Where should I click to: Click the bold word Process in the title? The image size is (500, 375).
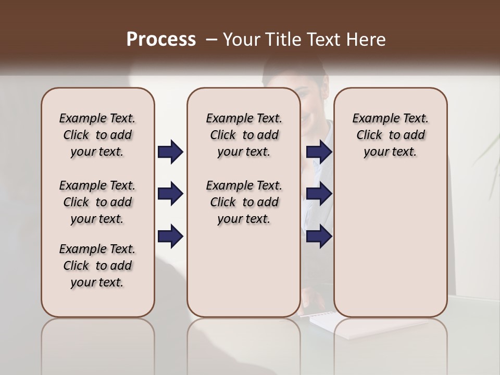click(x=161, y=40)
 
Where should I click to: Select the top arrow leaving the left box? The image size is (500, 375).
click(x=170, y=152)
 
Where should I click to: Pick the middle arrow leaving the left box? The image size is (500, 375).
click(x=170, y=194)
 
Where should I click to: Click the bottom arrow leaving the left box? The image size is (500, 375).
click(x=170, y=236)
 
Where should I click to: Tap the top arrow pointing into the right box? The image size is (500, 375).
click(x=319, y=152)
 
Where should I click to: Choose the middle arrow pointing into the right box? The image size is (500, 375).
click(x=319, y=194)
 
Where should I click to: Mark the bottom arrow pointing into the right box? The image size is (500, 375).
click(x=319, y=236)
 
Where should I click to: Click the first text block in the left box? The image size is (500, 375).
click(x=97, y=135)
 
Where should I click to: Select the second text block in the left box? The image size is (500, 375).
click(x=97, y=202)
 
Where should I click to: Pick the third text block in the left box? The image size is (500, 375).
click(x=97, y=266)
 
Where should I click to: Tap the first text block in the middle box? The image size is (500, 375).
click(x=244, y=135)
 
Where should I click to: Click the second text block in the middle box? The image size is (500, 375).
click(x=244, y=202)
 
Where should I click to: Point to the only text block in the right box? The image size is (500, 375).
click(x=391, y=135)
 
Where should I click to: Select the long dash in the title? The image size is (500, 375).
click(x=211, y=40)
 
